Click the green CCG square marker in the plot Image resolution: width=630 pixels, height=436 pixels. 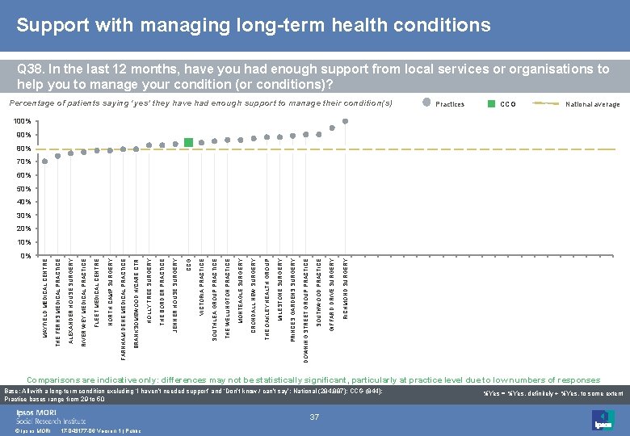tap(188, 142)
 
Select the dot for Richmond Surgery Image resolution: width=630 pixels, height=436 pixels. tap(345, 122)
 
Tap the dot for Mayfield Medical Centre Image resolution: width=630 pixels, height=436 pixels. tap(44, 161)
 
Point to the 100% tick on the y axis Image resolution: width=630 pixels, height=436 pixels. tap(23, 122)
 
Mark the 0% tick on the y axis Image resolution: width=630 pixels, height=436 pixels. tap(26, 255)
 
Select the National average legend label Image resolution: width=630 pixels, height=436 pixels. tap(592, 104)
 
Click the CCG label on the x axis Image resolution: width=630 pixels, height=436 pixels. tap(188, 263)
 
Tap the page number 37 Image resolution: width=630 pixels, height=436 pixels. tap(314, 417)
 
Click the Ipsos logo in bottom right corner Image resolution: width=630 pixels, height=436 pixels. tap(603, 420)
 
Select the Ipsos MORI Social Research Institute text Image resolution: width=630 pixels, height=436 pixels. tap(51, 416)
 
